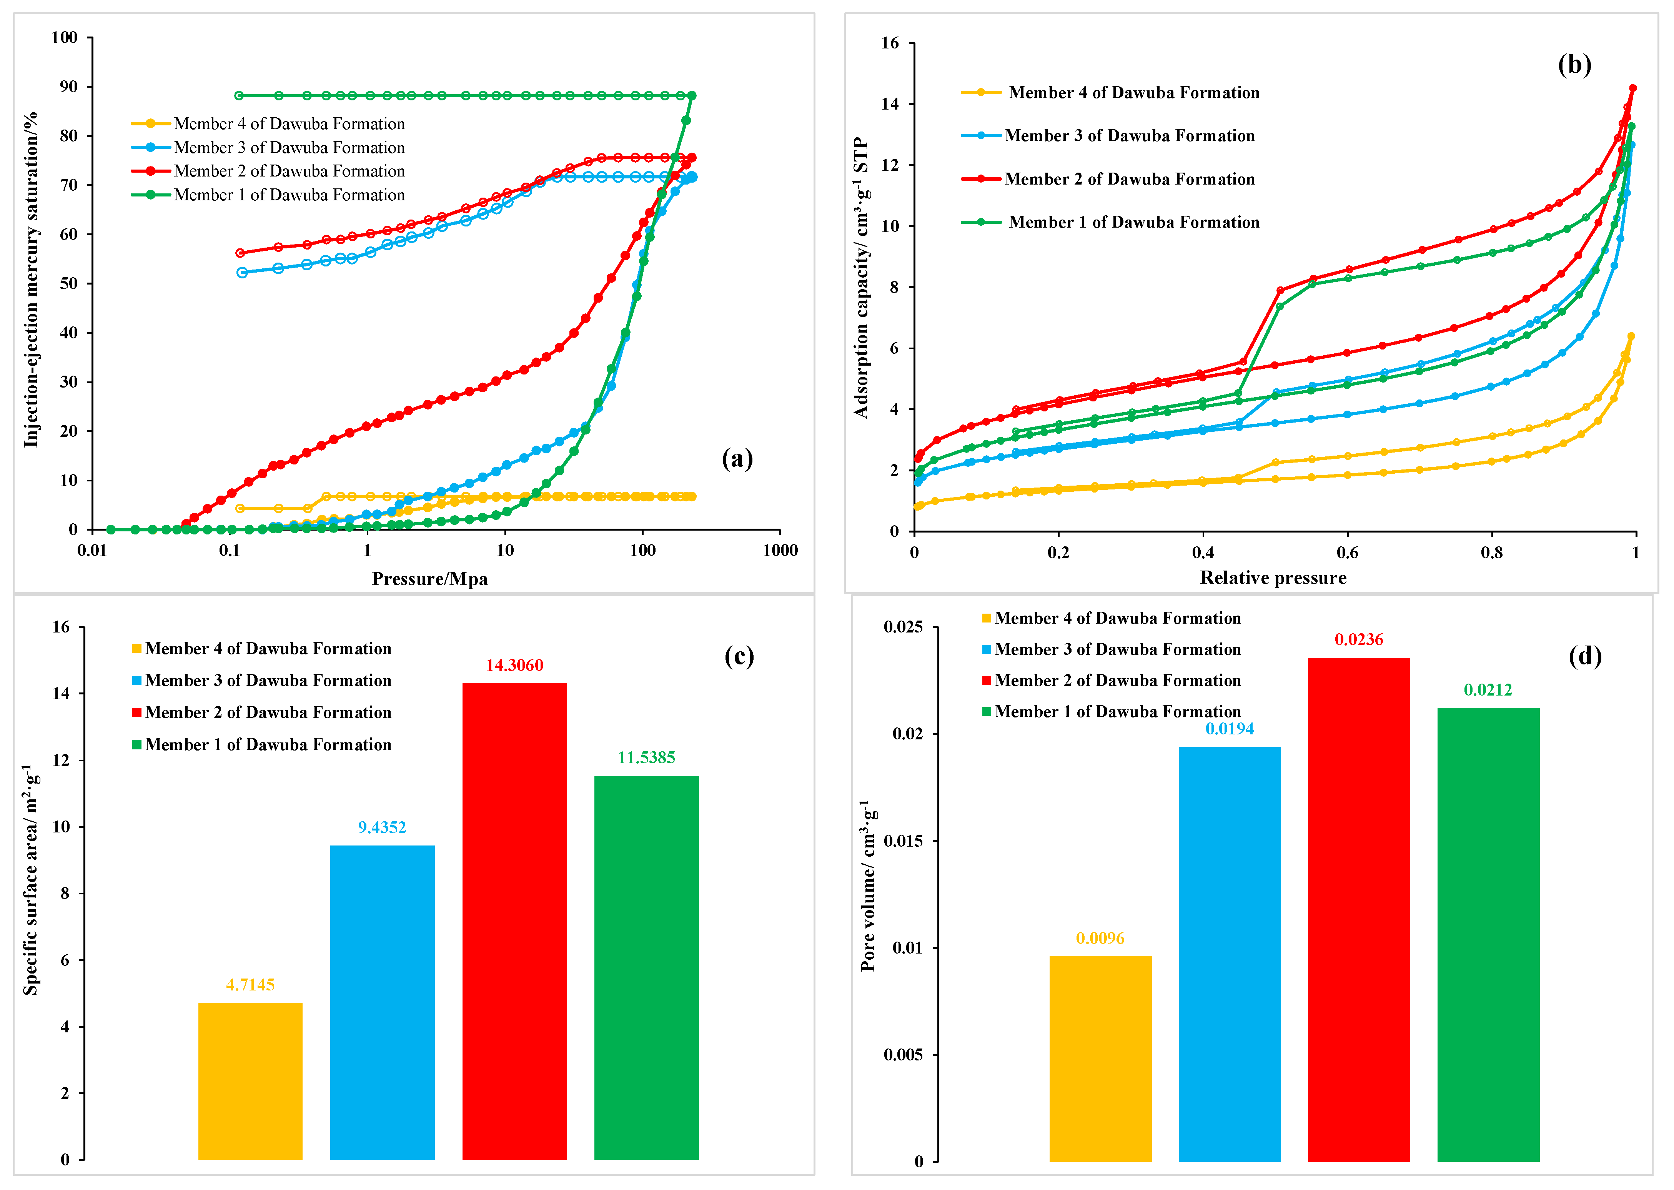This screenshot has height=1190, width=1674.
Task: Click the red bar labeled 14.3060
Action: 514,921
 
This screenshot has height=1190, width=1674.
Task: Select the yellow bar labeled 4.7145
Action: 251,1081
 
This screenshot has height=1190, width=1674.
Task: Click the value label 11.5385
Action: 646,758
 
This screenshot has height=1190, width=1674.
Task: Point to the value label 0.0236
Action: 1359,640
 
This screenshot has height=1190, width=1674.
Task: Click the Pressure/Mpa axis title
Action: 430,579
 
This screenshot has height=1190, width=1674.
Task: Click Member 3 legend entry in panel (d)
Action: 1112,649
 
